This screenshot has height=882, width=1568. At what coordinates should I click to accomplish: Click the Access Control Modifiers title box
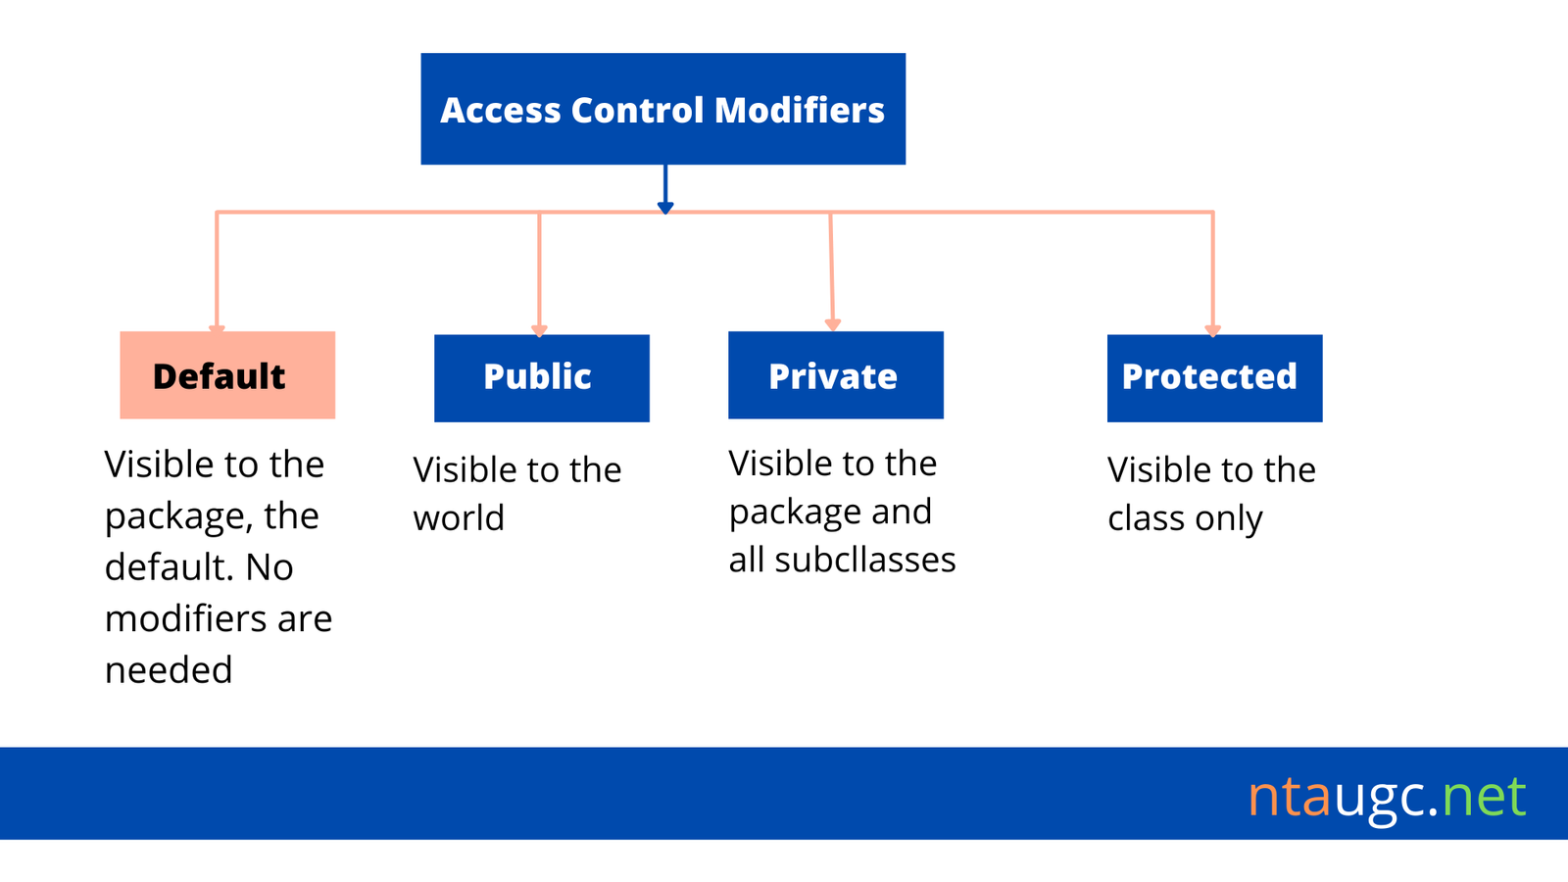pos(662,109)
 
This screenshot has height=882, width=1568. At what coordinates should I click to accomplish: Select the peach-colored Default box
pos(227,375)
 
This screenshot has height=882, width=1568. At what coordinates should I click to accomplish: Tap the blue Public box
pos(542,378)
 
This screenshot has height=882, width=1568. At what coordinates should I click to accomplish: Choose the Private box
pos(836,375)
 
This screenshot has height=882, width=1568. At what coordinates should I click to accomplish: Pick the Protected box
pos(1214,378)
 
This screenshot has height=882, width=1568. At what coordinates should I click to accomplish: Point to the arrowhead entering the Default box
pos(217,329)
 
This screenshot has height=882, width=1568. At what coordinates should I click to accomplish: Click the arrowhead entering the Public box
pos(539,331)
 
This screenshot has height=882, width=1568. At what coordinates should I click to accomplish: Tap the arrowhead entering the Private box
pos(832,324)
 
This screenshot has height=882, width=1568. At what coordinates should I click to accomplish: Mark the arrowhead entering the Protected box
pos(1213,330)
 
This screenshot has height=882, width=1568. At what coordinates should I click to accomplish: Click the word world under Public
pos(459,518)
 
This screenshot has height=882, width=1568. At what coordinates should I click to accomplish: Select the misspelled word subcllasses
pos(865,560)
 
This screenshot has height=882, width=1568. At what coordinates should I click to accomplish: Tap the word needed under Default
pos(169,670)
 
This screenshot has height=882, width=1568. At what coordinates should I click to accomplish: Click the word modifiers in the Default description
pos(185,618)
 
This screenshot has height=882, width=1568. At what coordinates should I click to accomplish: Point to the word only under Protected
pos(1229,518)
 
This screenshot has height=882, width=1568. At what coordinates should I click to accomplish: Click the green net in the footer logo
pos(1484,797)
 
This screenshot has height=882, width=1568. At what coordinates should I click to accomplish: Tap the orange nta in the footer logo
pos(1290,797)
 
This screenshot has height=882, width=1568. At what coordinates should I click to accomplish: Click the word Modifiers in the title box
pos(800,110)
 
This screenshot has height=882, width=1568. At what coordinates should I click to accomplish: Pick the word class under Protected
pos(1146,518)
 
